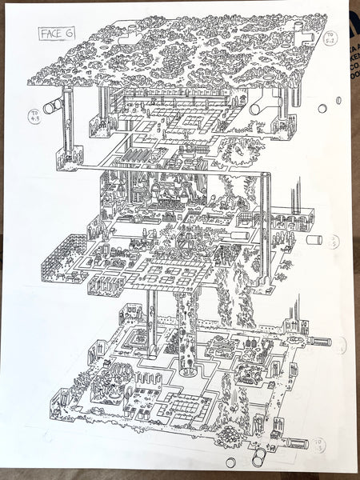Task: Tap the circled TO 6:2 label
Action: coord(330,38)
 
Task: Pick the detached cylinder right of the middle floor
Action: coord(314,238)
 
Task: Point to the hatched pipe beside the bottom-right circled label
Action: coord(295,442)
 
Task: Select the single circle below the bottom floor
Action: coord(231,462)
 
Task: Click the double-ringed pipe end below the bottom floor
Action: coord(260,458)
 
